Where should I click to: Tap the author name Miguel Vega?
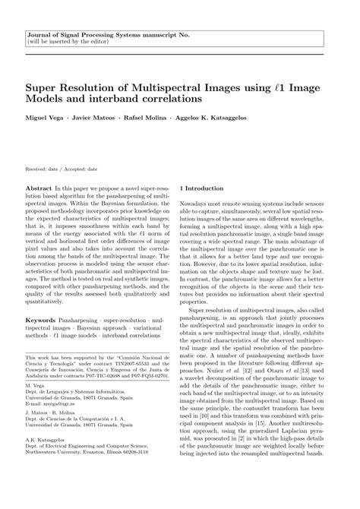click(x=46, y=119)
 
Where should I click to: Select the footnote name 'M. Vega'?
click(x=35, y=386)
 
